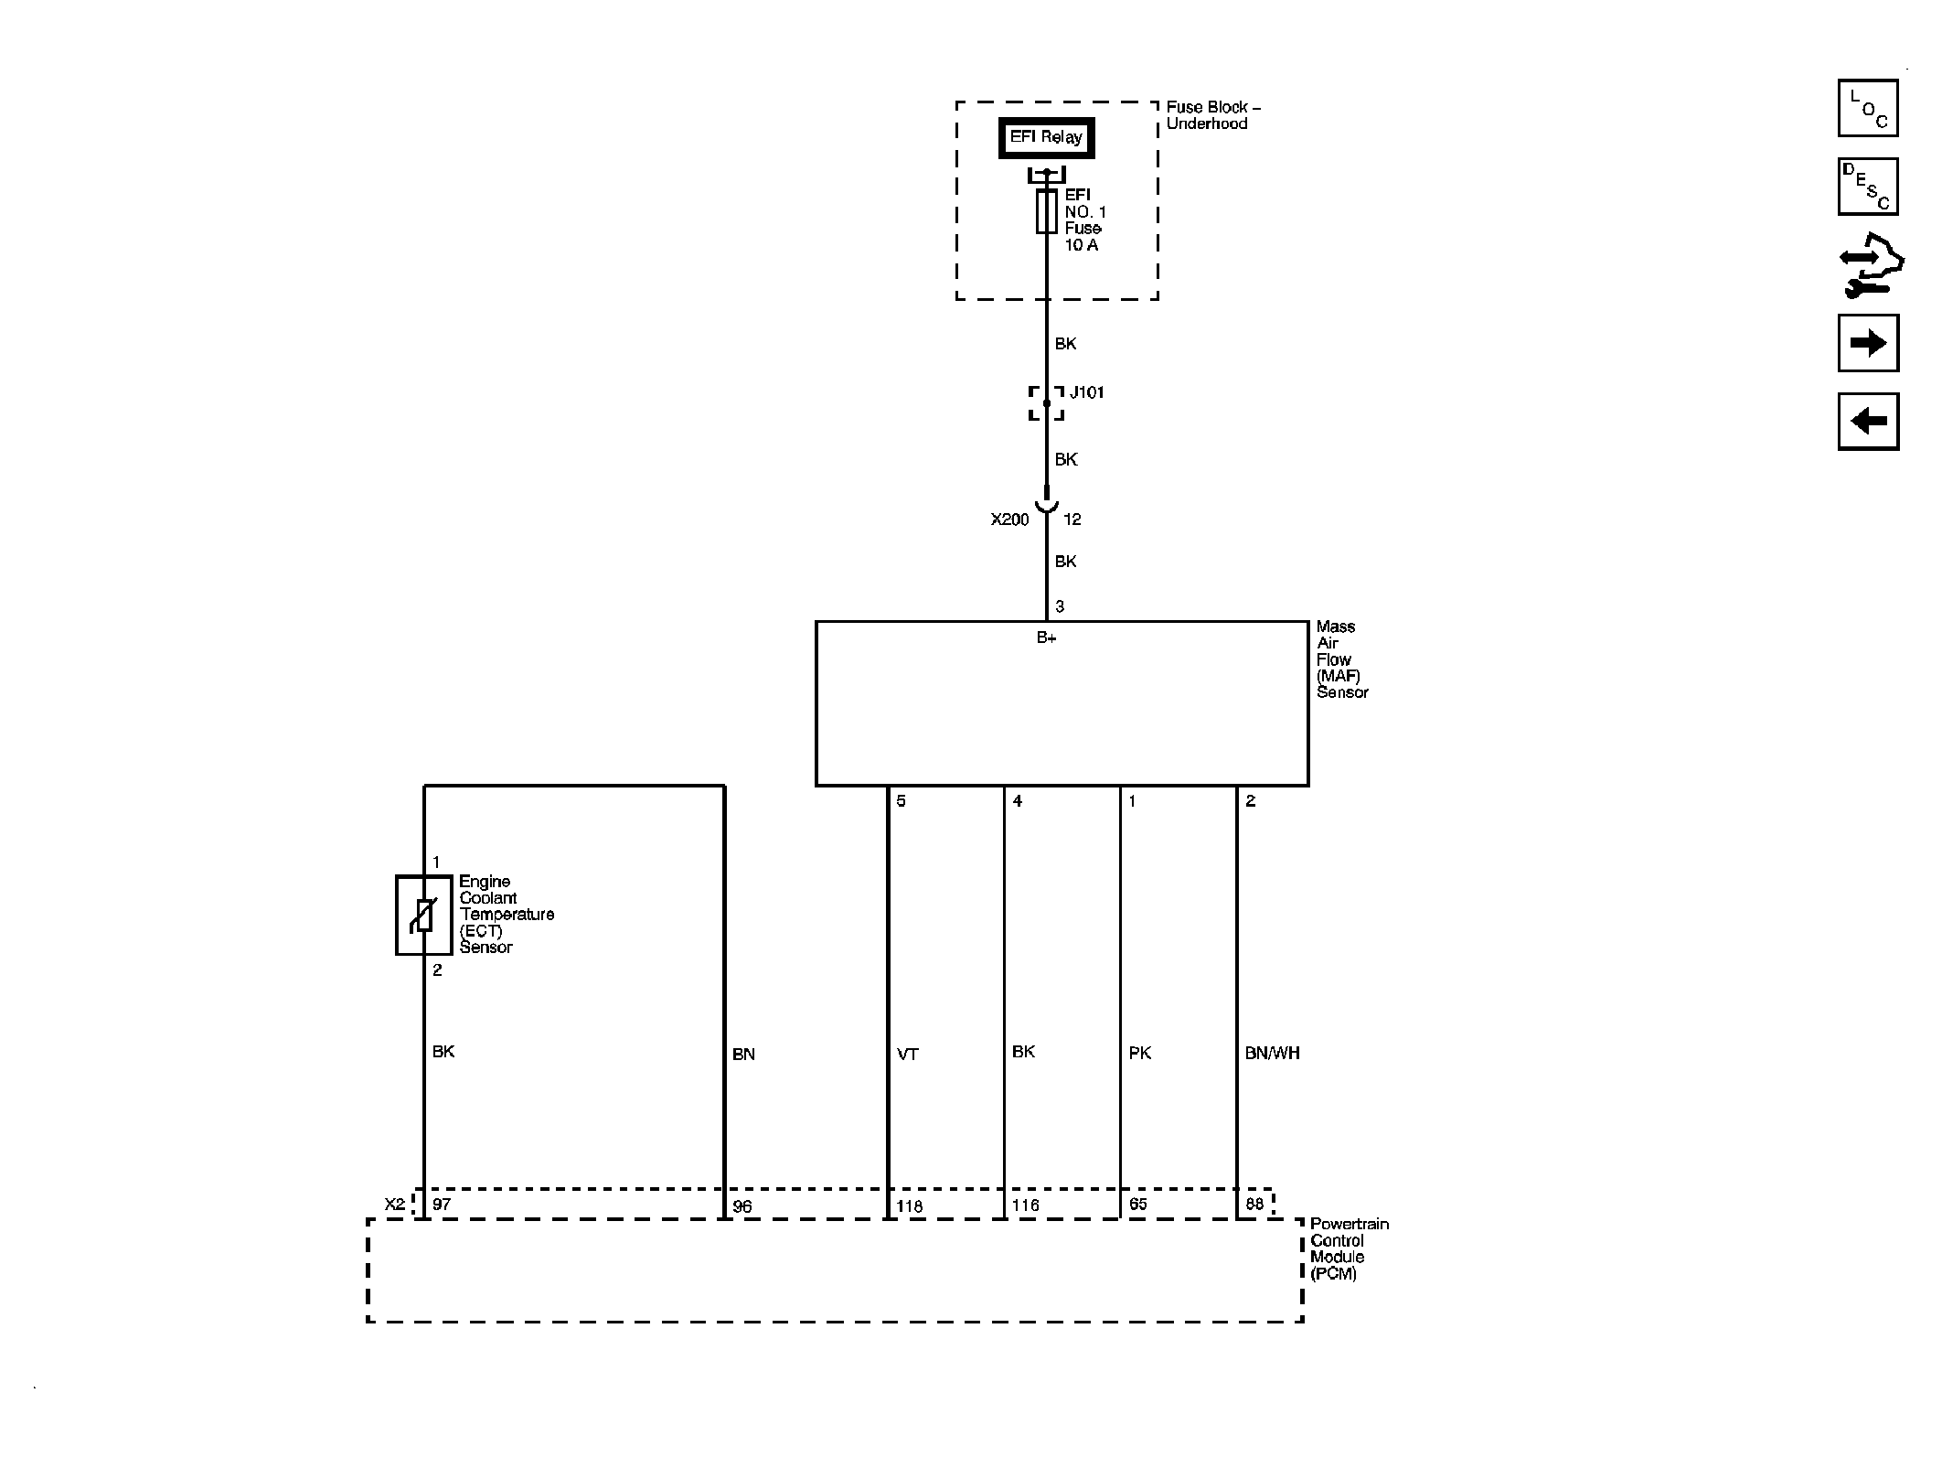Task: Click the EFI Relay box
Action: click(x=1046, y=138)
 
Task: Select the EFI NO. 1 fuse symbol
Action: click(x=1046, y=211)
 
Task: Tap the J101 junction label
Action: click(x=1087, y=392)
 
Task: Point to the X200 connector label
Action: click(x=1009, y=520)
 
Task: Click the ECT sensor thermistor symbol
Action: click(x=423, y=915)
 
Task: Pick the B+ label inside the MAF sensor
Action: click(x=1046, y=638)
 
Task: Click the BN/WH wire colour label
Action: click(x=1272, y=1053)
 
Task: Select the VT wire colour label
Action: click(x=907, y=1055)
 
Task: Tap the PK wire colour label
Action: click(x=1139, y=1053)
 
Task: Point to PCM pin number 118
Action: click(x=909, y=1206)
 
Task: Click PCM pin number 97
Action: click(x=442, y=1205)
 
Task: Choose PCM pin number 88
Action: click(x=1254, y=1204)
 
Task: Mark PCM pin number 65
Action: click(x=1137, y=1204)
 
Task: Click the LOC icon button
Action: click(x=1868, y=108)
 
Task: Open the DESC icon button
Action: click(x=1868, y=187)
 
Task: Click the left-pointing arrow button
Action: click(x=1868, y=421)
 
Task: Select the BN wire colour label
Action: click(x=743, y=1055)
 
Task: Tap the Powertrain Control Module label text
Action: click(x=1349, y=1248)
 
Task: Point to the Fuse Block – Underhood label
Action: click(x=1212, y=115)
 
